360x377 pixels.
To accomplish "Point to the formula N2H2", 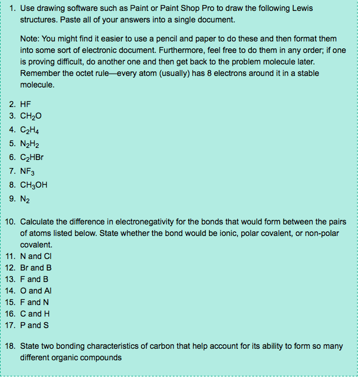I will click(x=30, y=144).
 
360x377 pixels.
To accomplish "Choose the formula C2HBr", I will click(x=32, y=157).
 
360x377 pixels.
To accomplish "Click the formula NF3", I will click(x=28, y=171).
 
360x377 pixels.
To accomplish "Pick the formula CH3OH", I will click(x=33, y=185).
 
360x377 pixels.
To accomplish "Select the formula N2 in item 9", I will click(x=25, y=199).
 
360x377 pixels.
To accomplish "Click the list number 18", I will click(x=10, y=346).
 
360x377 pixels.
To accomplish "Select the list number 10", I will click(x=10, y=222).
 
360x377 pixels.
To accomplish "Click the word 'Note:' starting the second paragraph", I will click(x=29, y=39).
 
